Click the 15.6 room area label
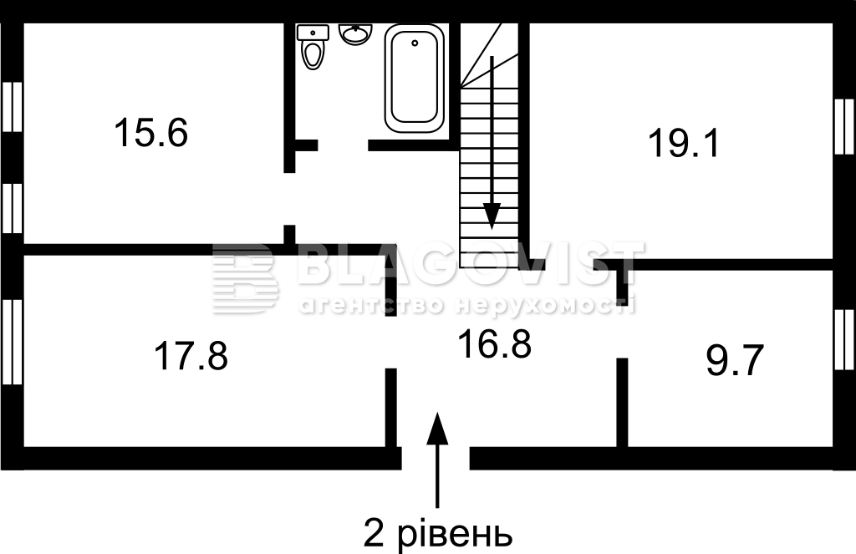(151, 133)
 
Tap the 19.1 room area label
(684, 143)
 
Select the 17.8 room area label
(191, 355)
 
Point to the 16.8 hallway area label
(495, 344)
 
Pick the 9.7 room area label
(734, 361)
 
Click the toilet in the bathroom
(313, 47)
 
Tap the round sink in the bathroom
(355, 33)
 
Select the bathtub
(415, 78)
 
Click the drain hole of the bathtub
(415, 43)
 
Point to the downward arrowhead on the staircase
(492, 216)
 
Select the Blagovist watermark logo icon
(245, 277)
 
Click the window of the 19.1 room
(845, 127)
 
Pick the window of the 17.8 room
(12, 343)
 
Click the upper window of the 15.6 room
(12, 107)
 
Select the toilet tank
(313, 33)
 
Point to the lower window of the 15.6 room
(12, 208)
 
